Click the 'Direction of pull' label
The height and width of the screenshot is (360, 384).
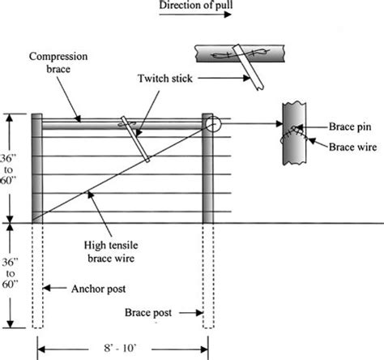(x=196, y=5)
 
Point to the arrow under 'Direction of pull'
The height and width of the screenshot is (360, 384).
(x=195, y=15)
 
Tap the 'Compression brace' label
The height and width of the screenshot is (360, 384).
(x=58, y=62)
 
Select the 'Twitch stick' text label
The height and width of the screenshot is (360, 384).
(x=165, y=79)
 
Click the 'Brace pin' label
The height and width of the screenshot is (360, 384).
(x=350, y=126)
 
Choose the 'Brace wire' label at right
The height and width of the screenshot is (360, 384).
(x=352, y=147)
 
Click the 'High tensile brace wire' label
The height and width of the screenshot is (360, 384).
(x=111, y=252)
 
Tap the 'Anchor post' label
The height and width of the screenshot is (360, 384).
(x=99, y=289)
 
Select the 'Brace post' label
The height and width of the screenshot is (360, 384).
(x=148, y=313)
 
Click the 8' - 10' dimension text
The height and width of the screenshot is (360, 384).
(x=120, y=348)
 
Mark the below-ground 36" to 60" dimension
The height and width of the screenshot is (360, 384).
(x=11, y=273)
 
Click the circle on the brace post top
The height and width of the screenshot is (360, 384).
(x=213, y=124)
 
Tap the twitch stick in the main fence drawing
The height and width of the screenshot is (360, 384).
(x=135, y=139)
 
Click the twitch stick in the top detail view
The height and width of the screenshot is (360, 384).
(x=249, y=67)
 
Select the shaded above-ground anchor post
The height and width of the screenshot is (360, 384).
(x=37, y=169)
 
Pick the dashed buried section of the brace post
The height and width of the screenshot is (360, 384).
(x=208, y=276)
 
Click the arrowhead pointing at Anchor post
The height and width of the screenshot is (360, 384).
(x=47, y=288)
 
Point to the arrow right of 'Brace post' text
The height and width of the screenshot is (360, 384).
(x=191, y=313)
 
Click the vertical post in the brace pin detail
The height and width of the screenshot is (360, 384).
(x=294, y=134)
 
